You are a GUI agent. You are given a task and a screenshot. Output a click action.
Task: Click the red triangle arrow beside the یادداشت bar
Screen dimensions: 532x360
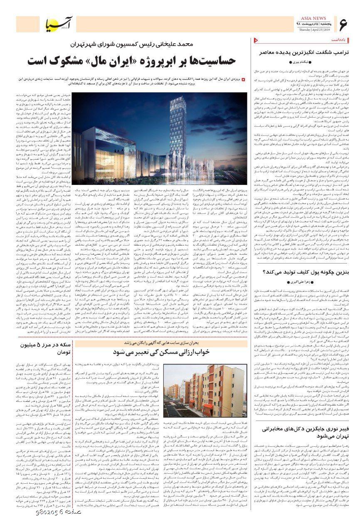click(256, 39)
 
